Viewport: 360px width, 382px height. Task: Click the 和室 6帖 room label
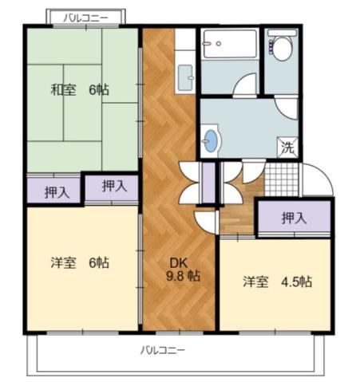80,90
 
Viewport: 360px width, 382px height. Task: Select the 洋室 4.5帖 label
278,282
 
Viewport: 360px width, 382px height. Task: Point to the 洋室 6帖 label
80,262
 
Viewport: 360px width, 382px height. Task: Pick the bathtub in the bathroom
229,43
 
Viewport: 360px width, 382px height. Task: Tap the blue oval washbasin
210,140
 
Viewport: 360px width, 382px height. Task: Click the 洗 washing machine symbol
288,147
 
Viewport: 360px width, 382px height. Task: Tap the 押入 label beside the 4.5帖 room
294,218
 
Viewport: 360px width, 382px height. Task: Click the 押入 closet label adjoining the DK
114,187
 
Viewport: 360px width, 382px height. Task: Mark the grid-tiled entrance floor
280,179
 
